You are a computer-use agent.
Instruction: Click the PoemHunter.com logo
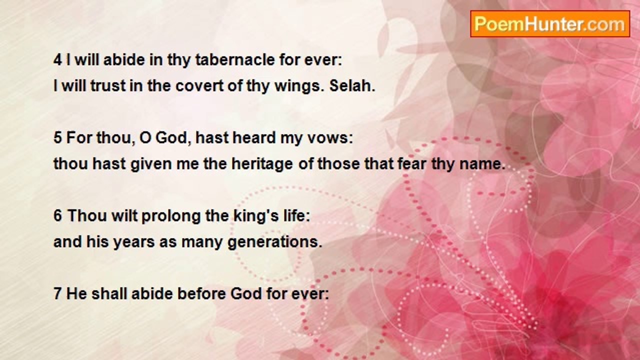point(550,24)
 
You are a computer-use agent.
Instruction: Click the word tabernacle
point(235,60)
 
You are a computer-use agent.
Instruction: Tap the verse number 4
point(57,60)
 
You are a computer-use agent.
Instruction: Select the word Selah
point(352,85)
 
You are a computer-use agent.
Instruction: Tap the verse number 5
point(57,137)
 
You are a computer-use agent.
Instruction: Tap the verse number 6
point(57,215)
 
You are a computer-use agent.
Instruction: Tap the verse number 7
point(57,293)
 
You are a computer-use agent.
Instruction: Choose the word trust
point(108,85)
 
